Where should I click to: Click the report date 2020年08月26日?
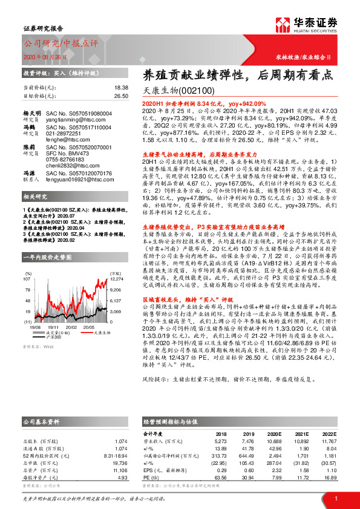[x=45, y=56]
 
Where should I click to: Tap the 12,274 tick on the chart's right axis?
[x=117, y=279]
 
